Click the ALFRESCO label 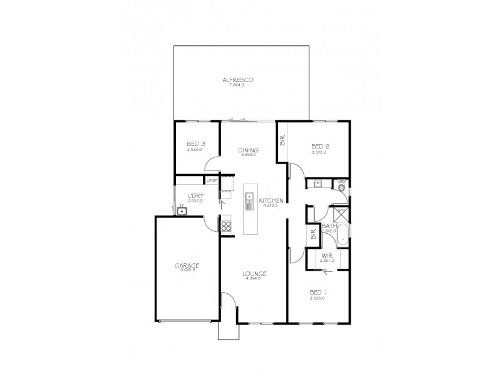(242, 80)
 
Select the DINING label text (249, 150)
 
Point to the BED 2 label (321, 147)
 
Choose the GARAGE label (187, 265)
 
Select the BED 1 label (319, 293)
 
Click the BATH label (329, 226)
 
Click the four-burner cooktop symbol (226, 227)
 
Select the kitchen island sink (249, 201)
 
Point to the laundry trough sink (182, 211)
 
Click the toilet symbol (341, 184)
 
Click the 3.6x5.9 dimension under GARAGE (187, 271)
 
